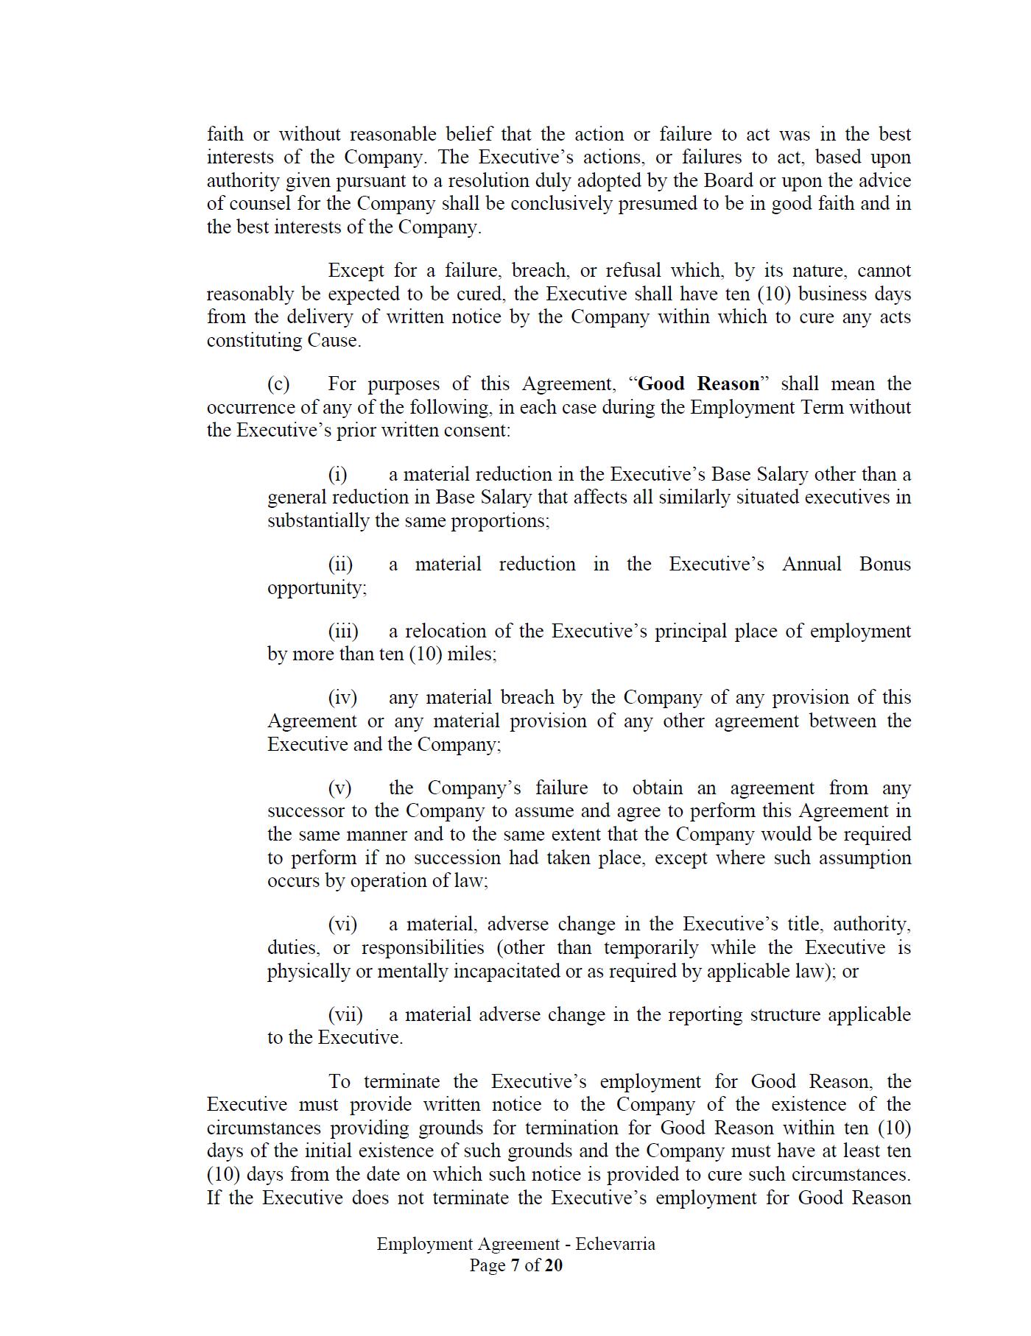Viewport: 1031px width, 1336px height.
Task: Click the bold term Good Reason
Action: (x=698, y=384)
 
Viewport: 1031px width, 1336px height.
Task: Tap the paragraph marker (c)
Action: (x=278, y=384)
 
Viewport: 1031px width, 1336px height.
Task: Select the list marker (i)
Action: (x=338, y=474)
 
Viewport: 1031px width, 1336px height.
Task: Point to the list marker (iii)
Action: (x=343, y=631)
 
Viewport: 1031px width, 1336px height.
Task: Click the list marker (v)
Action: (x=340, y=788)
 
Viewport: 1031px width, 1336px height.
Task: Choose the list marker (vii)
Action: (x=345, y=1014)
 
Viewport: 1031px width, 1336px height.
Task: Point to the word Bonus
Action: (x=885, y=564)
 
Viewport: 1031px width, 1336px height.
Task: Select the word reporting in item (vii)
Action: (x=705, y=1014)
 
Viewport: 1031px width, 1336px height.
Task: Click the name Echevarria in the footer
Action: (x=615, y=1244)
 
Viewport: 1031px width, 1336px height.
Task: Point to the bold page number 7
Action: (x=515, y=1265)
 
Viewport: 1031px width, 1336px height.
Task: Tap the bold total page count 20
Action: (x=554, y=1265)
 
